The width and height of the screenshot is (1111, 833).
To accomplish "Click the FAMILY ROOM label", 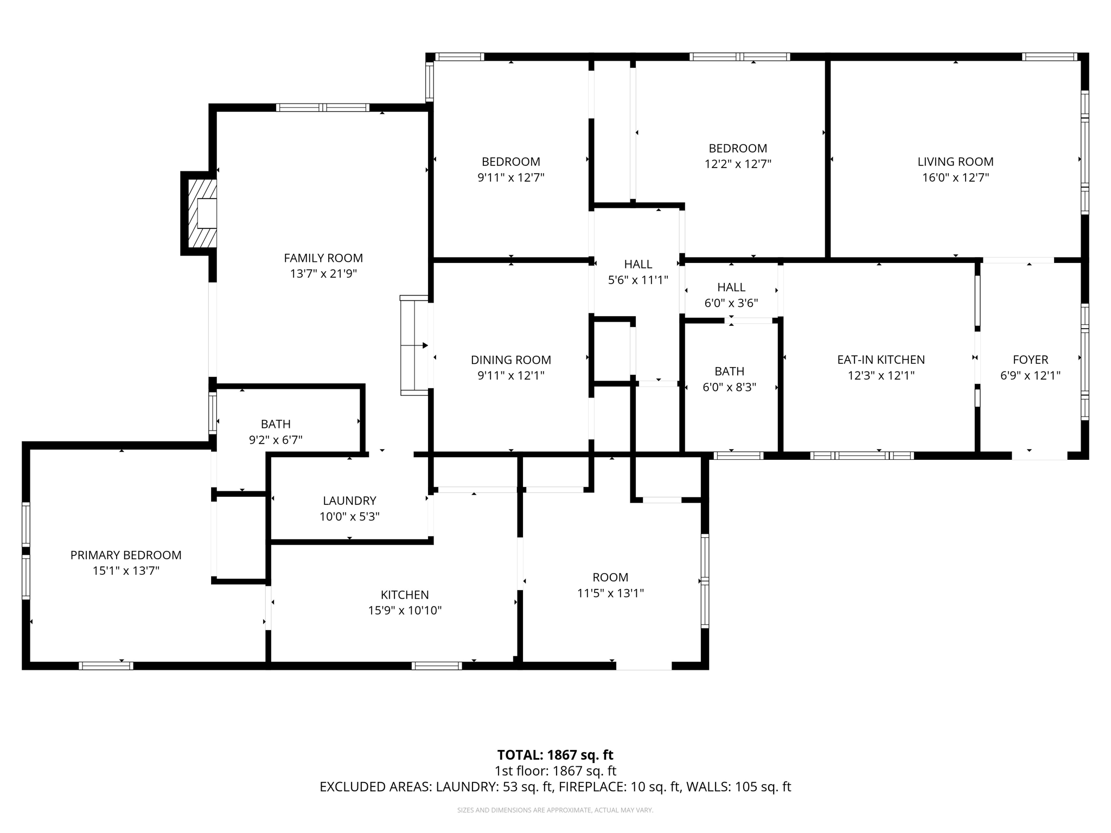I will tap(323, 258).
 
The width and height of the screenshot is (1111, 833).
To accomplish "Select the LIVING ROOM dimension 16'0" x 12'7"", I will tap(955, 177).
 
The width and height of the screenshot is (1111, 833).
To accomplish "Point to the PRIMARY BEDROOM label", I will tap(126, 555).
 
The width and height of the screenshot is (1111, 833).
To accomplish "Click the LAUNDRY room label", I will tap(349, 501).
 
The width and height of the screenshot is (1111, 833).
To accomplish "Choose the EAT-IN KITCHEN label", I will tap(881, 360).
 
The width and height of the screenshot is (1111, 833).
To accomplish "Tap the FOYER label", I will tap(1030, 360).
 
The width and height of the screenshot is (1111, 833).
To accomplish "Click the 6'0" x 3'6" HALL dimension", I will tap(731, 303).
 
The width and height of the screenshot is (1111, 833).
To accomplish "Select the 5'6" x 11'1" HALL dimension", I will tap(638, 280).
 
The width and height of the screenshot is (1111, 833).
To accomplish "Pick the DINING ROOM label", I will tap(510, 360).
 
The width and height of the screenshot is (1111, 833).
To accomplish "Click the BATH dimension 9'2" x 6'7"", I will tap(276, 440).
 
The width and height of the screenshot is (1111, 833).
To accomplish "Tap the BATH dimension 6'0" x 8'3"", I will tap(729, 387).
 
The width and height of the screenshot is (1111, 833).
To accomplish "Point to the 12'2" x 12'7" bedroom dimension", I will tap(738, 164).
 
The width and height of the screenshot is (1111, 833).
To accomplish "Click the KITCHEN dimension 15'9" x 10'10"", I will tap(405, 611).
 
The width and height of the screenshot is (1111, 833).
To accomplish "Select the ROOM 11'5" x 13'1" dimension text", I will tap(610, 593).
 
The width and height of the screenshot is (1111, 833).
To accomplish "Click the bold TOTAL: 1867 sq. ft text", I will tap(555, 755).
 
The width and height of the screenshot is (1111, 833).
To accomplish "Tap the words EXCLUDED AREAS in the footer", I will tap(376, 787).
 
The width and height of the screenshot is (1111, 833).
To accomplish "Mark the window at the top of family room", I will tap(323, 107).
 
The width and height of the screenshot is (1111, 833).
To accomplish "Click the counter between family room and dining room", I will tap(414, 345).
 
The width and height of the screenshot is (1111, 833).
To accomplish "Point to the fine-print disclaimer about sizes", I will tap(555, 810).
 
